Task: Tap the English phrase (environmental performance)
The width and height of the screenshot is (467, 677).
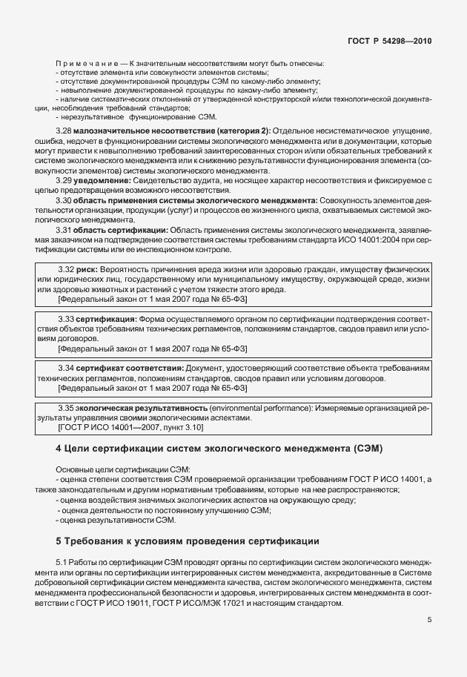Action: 257,408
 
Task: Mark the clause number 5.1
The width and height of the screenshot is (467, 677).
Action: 62,563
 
